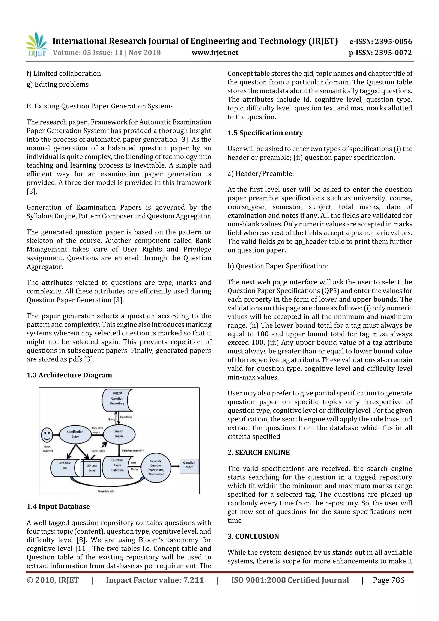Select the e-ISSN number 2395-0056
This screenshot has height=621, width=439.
click(x=393, y=41)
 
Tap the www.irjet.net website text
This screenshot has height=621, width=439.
click(x=215, y=53)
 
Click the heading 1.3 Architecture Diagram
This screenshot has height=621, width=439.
click(x=69, y=375)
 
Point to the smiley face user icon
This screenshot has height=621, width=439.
click(x=47, y=435)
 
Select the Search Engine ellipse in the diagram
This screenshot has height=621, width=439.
click(x=119, y=434)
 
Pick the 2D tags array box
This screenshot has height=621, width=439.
click(x=92, y=468)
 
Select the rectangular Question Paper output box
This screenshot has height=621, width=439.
click(x=189, y=466)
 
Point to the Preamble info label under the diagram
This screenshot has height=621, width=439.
click(x=106, y=491)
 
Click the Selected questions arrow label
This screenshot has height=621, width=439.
click(x=133, y=451)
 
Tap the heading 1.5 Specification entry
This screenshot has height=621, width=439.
click(x=265, y=133)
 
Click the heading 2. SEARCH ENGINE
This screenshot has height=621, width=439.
click(x=258, y=453)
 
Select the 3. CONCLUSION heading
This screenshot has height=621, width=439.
click(x=253, y=536)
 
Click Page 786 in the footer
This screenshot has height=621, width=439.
click(x=388, y=580)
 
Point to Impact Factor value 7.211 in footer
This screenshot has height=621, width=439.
click(x=155, y=580)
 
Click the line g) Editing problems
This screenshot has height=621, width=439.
click(x=58, y=84)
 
